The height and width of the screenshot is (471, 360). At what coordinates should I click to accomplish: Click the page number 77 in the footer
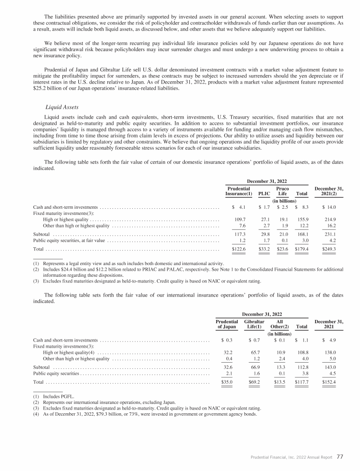tap(340, 456)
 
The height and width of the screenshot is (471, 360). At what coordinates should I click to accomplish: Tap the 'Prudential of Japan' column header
tap(226, 323)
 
